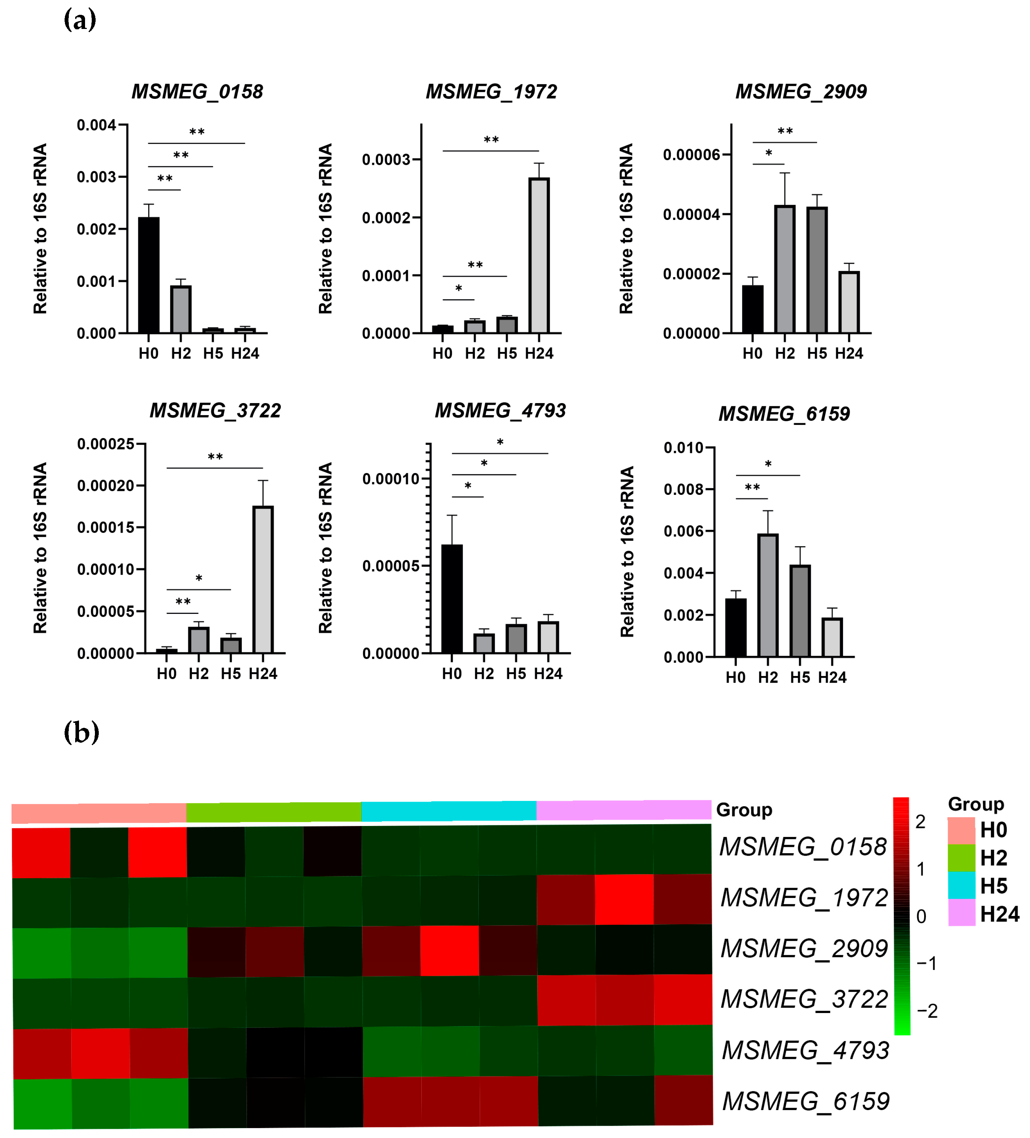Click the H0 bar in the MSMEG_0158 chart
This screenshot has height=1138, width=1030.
pos(149,275)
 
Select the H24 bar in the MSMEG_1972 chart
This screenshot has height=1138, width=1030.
pos(539,255)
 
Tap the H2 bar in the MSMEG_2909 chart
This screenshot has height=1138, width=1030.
pos(784,269)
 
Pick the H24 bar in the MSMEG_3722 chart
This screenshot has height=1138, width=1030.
pos(263,579)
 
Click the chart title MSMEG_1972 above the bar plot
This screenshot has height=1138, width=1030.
pos(491,91)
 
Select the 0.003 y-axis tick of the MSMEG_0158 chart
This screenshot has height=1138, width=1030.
pos(97,177)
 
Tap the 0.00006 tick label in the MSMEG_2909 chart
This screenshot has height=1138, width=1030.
pos(691,155)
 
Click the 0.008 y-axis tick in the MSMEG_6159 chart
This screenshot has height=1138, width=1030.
pos(683,490)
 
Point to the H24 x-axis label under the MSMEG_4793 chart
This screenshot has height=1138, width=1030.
pos(548,673)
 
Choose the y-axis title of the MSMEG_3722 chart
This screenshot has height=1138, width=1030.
pos(40,547)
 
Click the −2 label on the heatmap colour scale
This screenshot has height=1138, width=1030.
pos(927,1011)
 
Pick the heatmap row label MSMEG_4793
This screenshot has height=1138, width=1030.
pos(805,1050)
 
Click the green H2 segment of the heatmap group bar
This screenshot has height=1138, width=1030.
pos(274,812)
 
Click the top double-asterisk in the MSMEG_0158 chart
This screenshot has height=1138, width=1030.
pos(197,133)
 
